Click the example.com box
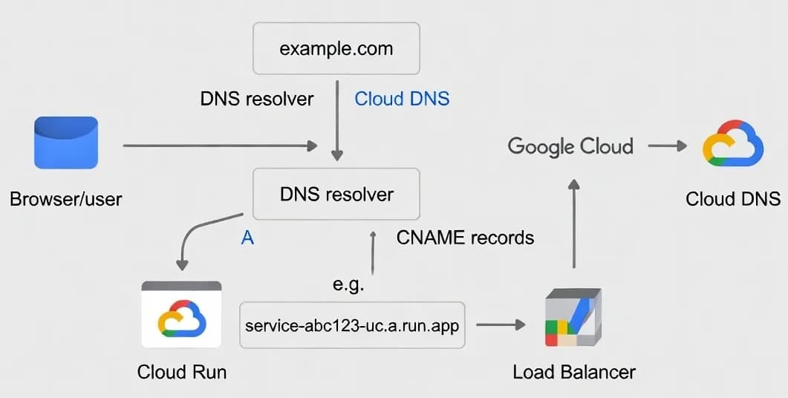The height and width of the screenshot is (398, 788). pyautogui.click(x=336, y=49)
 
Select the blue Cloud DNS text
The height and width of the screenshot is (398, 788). pyautogui.click(x=402, y=99)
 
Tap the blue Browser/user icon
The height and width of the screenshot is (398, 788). pyautogui.click(x=66, y=143)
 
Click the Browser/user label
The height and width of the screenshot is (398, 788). pyautogui.click(x=66, y=199)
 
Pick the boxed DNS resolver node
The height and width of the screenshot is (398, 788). pyautogui.click(x=336, y=195)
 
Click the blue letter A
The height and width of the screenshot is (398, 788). pyautogui.click(x=248, y=238)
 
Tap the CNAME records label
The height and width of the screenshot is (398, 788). pyautogui.click(x=465, y=238)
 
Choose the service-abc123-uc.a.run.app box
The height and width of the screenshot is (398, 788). pyautogui.click(x=352, y=325)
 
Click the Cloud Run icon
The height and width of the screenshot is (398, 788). pyautogui.click(x=182, y=316)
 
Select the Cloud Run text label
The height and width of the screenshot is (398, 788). pyautogui.click(x=182, y=371)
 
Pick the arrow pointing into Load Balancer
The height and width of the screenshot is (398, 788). pyautogui.click(x=501, y=324)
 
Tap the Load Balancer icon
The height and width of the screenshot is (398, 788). pyautogui.click(x=573, y=317)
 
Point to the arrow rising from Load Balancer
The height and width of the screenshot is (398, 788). pyautogui.click(x=573, y=223)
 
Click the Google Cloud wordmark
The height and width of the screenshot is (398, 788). pyautogui.click(x=570, y=146)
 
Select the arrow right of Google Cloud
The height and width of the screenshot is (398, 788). pyautogui.click(x=667, y=146)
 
